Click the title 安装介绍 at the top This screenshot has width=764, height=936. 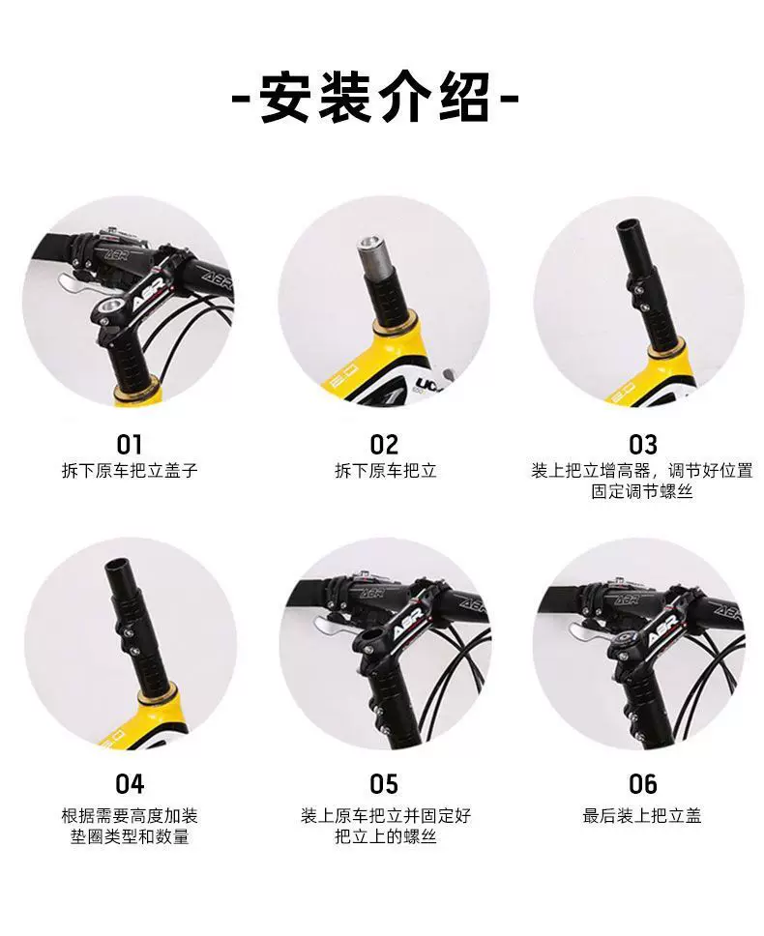tap(375, 99)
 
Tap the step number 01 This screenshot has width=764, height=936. tap(129, 445)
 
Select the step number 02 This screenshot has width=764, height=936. tap(384, 445)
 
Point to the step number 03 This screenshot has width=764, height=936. tap(643, 445)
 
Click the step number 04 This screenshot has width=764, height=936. tap(130, 784)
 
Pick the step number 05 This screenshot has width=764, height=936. tap(384, 784)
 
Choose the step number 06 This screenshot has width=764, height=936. tap(643, 784)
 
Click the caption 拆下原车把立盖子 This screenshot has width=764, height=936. tap(130, 470)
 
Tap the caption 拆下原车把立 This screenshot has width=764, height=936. tap(386, 470)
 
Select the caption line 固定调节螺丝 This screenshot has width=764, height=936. tap(642, 491)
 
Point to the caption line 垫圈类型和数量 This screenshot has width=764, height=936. tap(130, 836)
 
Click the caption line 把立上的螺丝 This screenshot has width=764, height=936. tap(386, 836)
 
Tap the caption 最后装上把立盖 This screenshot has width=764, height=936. tap(642, 815)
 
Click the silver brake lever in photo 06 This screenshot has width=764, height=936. tap(586, 630)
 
